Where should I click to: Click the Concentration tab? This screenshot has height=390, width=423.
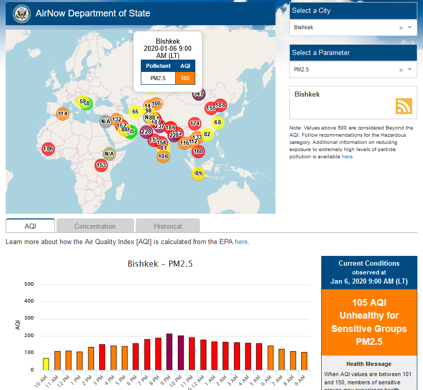[x=95, y=226]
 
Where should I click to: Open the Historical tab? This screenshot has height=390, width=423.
[x=168, y=226]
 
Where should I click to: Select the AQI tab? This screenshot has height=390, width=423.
[x=30, y=226]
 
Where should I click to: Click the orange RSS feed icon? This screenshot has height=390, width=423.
[x=403, y=106]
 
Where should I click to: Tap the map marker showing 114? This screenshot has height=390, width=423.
[x=63, y=114]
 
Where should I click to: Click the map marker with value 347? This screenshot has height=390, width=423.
[x=199, y=94]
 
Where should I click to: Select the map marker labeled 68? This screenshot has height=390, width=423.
[x=217, y=122]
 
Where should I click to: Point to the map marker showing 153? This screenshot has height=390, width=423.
[x=101, y=165]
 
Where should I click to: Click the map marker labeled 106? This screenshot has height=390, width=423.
[x=163, y=157]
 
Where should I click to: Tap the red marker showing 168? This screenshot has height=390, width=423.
[x=198, y=152]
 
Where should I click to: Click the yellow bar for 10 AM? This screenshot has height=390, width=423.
[x=46, y=364]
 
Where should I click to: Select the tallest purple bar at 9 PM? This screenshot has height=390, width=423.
[x=170, y=352]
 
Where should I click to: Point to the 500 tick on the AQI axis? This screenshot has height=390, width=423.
[x=29, y=284]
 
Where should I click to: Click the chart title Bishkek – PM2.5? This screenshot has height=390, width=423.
[x=160, y=264]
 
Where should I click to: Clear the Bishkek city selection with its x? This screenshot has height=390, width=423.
[x=401, y=28]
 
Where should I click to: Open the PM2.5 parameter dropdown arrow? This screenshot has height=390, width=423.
[x=410, y=69]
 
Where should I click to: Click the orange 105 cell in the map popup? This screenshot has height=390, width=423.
[x=185, y=79]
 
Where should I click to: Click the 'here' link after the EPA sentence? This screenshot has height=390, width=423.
[x=242, y=242]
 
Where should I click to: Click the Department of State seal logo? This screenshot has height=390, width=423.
[x=22, y=13]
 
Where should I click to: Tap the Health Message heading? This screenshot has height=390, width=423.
[x=369, y=364]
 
